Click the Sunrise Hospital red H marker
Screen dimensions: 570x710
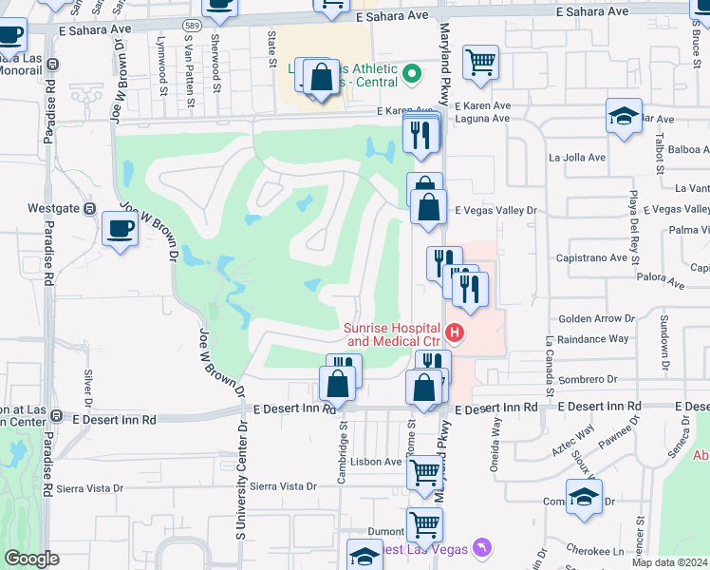[456, 332]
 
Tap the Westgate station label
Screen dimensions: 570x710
[53, 207]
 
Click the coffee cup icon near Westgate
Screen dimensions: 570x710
[121, 229]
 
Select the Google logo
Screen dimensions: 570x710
[31, 559]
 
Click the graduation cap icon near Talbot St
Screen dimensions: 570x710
[623, 117]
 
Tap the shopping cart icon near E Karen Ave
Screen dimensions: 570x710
[481, 64]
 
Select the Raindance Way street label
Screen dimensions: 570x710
[593, 338]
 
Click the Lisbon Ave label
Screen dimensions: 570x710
[376, 462]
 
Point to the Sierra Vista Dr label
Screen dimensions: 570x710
[90, 488]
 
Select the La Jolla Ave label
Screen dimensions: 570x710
[576, 158]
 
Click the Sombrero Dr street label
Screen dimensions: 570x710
[588, 379]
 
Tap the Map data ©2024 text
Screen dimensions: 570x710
[668, 562]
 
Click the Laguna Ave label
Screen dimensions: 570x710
[482, 119]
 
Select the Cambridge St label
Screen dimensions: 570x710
[342, 454]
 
